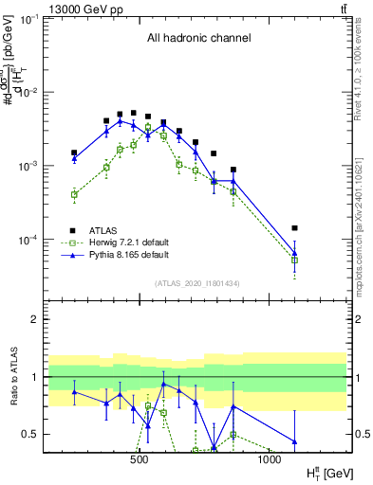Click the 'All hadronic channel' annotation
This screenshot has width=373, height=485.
tap(198, 39)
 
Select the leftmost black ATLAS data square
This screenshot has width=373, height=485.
tap(74, 153)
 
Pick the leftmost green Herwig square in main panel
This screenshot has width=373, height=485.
tap(74, 194)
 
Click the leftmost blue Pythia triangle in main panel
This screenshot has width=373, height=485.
tap(74, 159)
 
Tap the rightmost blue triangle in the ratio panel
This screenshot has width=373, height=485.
tap(294, 440)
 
